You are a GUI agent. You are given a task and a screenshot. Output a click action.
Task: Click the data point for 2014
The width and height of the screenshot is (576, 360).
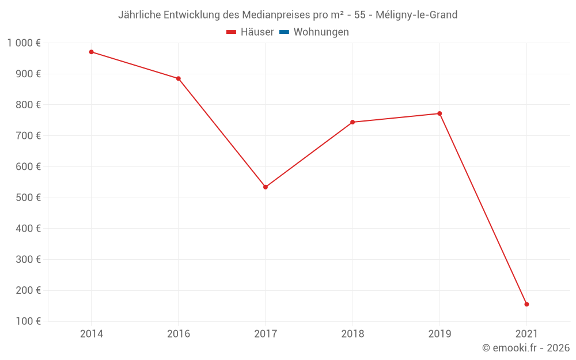(92, 52)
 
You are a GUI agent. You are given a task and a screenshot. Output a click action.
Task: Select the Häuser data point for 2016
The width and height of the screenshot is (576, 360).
(179, 78)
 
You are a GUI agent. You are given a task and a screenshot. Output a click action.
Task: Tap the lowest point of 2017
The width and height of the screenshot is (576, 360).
(266, 187)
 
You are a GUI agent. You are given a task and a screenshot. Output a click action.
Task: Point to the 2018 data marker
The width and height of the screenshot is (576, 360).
(353, 122)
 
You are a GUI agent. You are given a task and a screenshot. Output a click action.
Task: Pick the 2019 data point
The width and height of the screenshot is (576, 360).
(439, 113)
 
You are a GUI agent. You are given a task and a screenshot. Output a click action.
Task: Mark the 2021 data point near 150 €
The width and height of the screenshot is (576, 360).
(526, 304)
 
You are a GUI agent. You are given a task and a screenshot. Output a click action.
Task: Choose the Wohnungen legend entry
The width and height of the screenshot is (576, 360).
(321, 32)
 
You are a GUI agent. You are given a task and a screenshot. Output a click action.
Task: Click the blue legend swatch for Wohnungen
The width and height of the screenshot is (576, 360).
(284, 32)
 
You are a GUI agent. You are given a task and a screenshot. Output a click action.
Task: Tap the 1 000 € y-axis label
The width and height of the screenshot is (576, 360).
(24, 43)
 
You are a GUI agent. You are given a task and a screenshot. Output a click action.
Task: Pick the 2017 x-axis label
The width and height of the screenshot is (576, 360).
(266, 334)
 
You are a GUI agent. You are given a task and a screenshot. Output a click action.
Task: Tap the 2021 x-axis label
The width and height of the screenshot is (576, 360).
(526, 334)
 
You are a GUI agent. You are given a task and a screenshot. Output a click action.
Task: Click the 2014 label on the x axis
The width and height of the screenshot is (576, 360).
(92, 334)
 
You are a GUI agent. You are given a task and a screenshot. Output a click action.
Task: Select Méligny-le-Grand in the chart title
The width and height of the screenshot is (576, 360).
(416, 15)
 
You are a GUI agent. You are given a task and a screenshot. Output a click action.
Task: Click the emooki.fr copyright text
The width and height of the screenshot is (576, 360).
(526, 348)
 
